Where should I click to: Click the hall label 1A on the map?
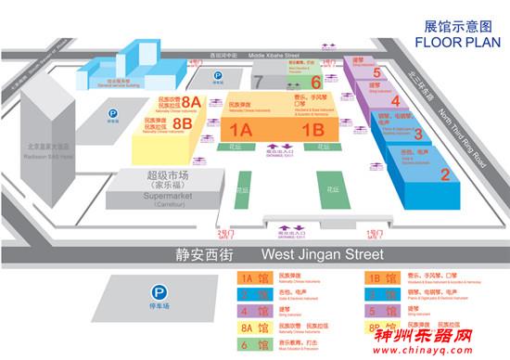(x=242, y=129)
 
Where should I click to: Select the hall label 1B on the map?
(x=312, y=129)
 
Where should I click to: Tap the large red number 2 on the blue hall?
(x=444, y=174)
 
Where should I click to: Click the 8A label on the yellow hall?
(x=192, y=101)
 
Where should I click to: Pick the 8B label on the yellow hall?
(x=183, y=122)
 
